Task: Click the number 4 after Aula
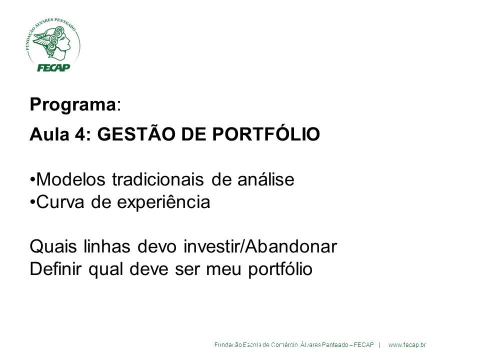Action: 80,134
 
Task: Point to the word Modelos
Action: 70,179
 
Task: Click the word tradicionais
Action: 158,179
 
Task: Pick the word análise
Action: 266,179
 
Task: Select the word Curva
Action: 60,202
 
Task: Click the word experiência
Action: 164,202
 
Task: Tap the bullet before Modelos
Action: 33,179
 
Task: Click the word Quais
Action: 53,246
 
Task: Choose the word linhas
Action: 107,246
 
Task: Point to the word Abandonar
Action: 291,246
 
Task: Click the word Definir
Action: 55,269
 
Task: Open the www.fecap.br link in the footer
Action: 407,345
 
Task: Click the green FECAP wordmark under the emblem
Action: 53,67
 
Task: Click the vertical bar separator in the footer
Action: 380,345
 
